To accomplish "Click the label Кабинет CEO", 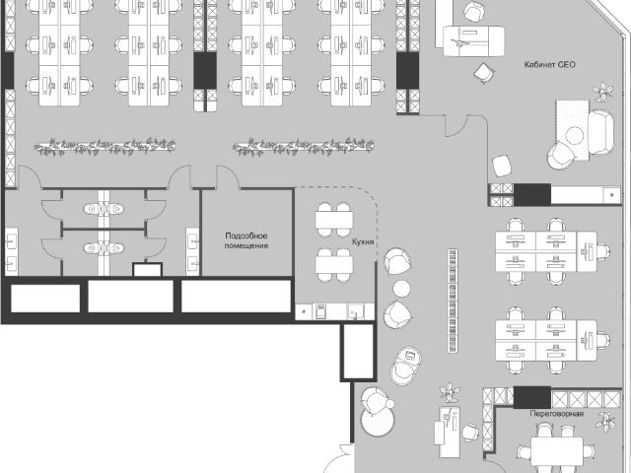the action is [550, 65].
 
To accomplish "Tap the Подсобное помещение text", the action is [245, 240].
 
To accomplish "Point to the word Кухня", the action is [363, 241].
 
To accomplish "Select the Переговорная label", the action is [556, 414].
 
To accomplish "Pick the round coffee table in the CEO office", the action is [575, 135].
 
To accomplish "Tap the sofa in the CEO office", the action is [601, 132].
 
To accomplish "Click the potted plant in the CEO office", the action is [602, 92].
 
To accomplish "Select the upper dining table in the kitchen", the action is [334, 220].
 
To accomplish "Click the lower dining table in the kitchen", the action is [334, 265].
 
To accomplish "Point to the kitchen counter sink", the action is [355, 311].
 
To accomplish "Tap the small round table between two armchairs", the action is [401, 289].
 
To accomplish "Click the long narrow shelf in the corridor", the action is [453, 301].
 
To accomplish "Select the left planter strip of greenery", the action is [105, 147].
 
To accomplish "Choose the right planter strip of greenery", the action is [304, 147].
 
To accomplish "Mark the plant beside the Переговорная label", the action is [604, 422].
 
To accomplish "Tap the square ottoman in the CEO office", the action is [502, 166].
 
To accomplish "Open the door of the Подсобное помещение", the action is [229, 177].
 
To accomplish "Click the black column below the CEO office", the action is [532, 195].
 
